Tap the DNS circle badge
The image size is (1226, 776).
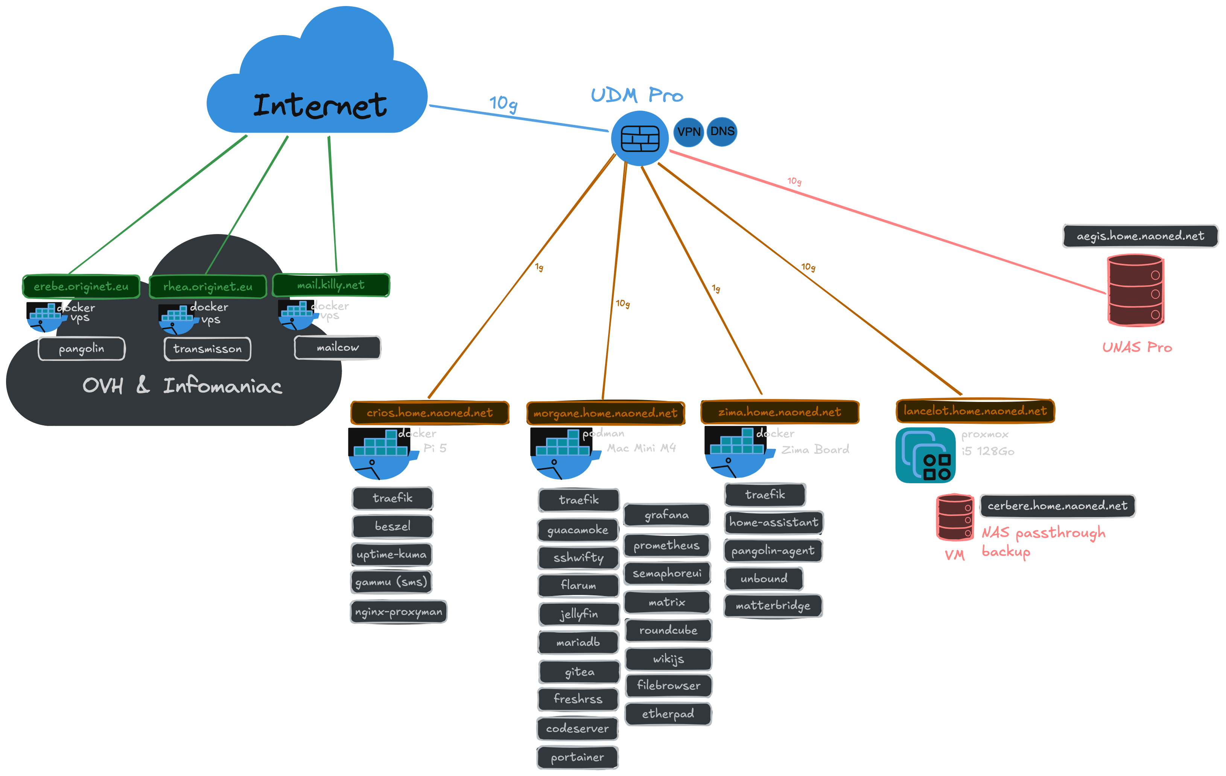tap(722, 131)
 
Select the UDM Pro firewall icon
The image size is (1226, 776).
tap(640, 138)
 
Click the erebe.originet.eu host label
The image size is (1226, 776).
tap(81, 287)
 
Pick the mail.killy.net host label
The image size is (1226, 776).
tap(331, 285)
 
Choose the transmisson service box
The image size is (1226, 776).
tap(207, 349)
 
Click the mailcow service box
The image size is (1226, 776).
tap(338, 347)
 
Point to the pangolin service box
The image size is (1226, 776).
tap(81, 349)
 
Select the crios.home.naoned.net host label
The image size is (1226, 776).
tap(430, 412)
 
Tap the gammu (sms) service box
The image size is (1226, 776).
tap(391, 581)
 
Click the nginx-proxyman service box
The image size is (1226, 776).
tap(399, 612)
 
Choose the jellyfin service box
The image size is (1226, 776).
tap(579, 614)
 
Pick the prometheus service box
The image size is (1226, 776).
tap(666, 545)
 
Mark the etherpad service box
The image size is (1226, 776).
tap(668, 714)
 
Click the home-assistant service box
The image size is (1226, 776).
tap(773, 522)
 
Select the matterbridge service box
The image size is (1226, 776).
tap(773, 606)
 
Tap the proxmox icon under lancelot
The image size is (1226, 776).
tap(925, 455)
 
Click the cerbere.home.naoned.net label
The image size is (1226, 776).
tap(1057, 506)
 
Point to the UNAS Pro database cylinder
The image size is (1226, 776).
tap(1135, 290)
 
